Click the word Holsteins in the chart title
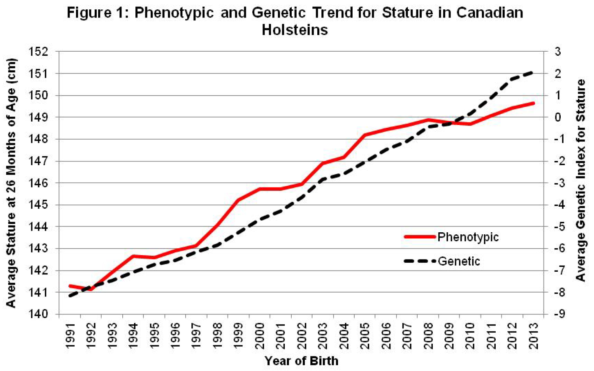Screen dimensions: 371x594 (295, 30)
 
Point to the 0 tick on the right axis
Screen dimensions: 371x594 (557, 118)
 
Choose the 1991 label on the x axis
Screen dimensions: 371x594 (70, 335)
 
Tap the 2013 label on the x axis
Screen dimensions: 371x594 (533, 335)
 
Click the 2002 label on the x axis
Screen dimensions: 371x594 (302, 335)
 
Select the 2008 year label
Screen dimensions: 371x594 (428, 335)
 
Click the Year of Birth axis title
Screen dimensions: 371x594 (301, 361)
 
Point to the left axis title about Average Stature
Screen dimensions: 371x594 (11, 183)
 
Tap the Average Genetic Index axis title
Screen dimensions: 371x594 (581, 180)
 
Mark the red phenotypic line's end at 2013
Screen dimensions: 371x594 (533, 103)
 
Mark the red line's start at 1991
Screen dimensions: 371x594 (70, 286)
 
